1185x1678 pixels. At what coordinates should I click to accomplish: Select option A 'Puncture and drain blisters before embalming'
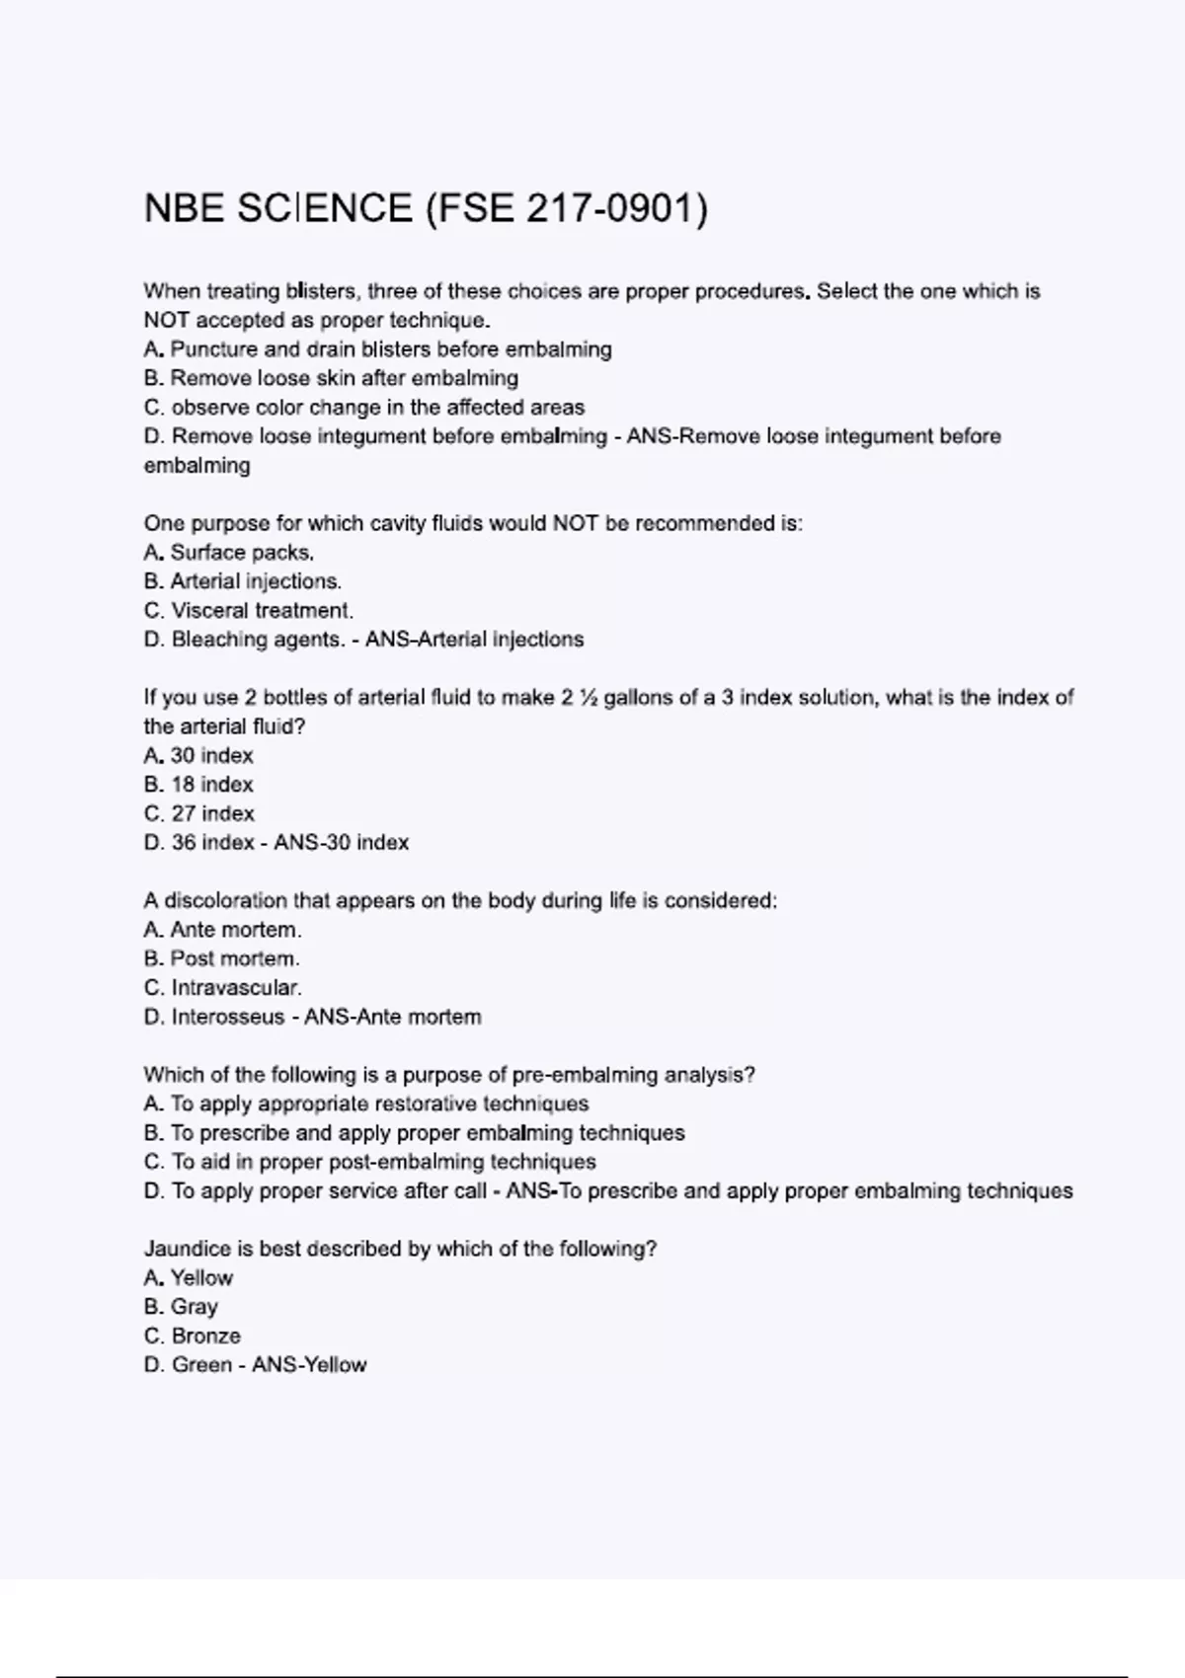(x=377, y=349)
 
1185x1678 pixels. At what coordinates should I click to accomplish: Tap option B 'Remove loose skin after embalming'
(x=331, y=378)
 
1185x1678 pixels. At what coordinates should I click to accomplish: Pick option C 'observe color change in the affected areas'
(x=363, y=408)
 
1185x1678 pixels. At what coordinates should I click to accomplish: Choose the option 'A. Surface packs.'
(x=229, y=553)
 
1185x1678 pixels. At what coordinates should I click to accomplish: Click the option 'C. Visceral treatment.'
(x=249, y=611)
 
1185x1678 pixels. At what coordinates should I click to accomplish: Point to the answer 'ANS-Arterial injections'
(x=475, y=640)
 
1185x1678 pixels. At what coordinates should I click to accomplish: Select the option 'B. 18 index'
(x=198, y=785)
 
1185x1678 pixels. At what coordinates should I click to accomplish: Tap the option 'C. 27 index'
(x=199, y=814)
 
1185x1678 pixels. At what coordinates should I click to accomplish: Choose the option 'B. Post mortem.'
(x=221, y=958)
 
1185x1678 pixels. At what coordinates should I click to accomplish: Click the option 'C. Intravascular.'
(x=223, y=988)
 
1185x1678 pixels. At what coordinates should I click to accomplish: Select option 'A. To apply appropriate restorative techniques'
(x=366, y=1104)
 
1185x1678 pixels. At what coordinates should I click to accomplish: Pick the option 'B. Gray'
(x=181, y=1307)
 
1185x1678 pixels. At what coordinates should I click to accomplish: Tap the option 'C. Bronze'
(x=193, y=1336)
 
